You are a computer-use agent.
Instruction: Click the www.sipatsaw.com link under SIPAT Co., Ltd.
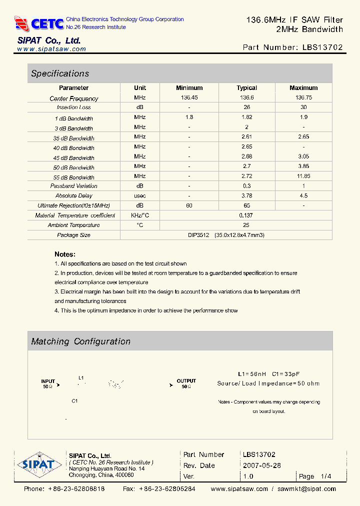[51, 49]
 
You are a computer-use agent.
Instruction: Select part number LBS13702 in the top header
[322, 47]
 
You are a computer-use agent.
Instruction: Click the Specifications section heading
[60, 73]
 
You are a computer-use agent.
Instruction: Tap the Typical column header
[246, 88]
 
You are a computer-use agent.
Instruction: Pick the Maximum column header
[303, 88]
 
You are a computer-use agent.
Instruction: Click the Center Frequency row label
[74, 98]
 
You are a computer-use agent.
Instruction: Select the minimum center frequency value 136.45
[189, 97]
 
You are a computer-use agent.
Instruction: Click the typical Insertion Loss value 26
[246, 107]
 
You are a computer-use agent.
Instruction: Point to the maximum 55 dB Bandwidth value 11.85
[303, 176]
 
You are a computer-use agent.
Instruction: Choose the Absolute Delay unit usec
[140, 195]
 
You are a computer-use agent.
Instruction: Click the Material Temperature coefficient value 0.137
[246, 215]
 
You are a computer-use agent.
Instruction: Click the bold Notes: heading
[65, 254]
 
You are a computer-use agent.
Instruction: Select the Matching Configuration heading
[80, 341]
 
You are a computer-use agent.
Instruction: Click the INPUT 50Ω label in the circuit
[48, 383]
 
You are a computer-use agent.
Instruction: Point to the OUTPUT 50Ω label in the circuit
[186, 383]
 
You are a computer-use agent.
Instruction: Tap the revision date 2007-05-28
[261, 465]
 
